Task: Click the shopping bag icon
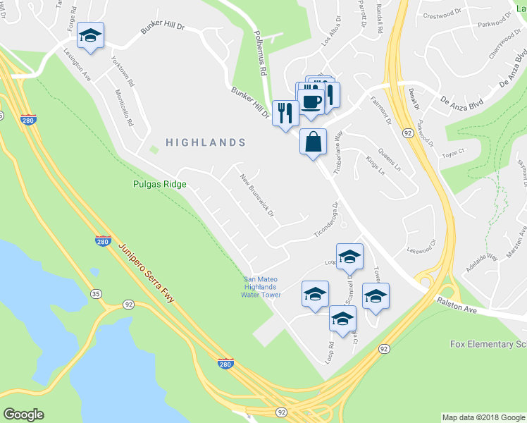313,141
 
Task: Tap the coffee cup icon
311,101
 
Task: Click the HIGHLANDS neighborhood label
206,142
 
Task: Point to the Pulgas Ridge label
159,185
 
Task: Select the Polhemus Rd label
259,54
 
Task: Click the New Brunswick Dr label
256,195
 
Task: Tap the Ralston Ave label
456,300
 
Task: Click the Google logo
24,415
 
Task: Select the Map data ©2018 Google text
483,417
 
